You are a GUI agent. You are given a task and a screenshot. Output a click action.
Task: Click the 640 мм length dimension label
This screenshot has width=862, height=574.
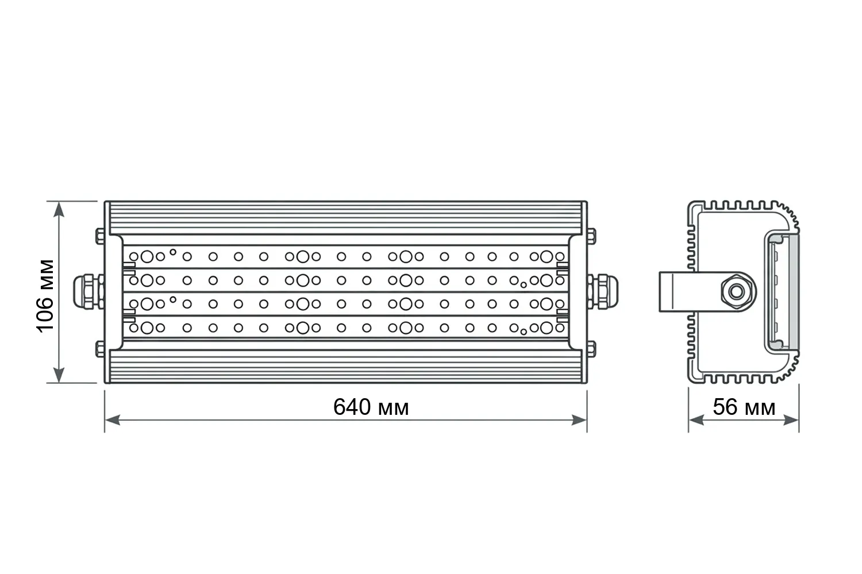371,407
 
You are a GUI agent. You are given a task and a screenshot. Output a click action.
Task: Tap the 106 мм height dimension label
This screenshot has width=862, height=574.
45,296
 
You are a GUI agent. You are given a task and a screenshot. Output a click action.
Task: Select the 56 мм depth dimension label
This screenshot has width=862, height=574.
744,407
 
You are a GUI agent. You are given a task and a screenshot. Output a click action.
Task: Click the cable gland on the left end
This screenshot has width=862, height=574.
88,292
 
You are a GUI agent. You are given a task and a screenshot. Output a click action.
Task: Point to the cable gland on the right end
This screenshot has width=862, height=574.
603,292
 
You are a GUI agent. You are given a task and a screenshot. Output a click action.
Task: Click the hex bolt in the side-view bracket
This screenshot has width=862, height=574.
737,292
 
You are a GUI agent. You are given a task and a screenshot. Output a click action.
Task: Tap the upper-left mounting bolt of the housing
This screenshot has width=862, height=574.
100,236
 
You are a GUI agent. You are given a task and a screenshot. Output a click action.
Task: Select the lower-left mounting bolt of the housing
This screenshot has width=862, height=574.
100,349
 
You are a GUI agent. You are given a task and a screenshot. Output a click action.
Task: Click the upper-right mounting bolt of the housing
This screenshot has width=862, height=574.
591,236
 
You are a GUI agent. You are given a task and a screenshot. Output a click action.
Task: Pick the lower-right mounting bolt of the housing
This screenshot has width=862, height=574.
591,349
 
